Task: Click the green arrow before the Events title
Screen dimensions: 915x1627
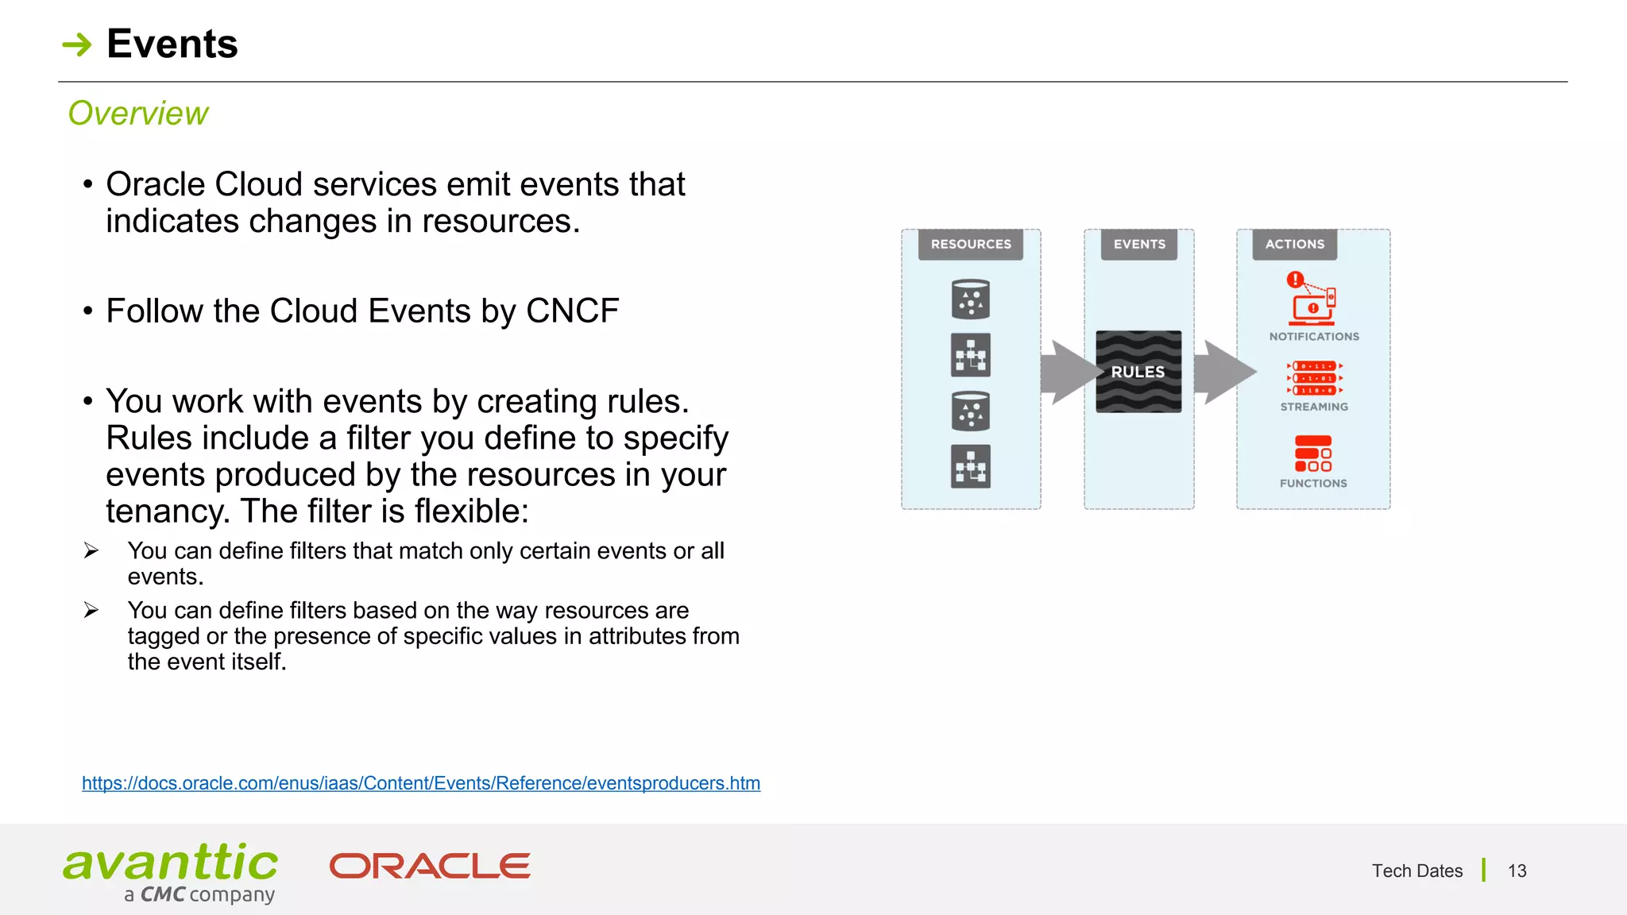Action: (x=77, y=44)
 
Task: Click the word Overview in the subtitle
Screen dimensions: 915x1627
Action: (x=138, y=114)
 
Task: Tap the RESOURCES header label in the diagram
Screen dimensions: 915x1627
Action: (x=971, y=245)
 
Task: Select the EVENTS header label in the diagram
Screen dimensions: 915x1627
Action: (x=1139, y=245)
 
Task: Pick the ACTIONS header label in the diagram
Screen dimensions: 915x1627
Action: (x=1295, y=245)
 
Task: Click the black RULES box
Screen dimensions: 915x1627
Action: (x=1138, y=372)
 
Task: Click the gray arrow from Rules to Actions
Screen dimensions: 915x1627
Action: (x=1222, y=372)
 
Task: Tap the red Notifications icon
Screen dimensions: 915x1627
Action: (x=1312, y=299)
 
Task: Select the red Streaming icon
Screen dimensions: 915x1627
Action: (x=1314, y=378)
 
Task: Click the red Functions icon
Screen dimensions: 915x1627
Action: (x=1313, y=454)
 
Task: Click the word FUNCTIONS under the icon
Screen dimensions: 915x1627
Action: (x=1313, y=483)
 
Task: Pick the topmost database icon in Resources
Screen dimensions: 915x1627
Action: (x=971, y=299)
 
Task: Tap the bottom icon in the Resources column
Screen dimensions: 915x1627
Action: (x=971, y=466)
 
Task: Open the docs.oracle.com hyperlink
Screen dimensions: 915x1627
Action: (x=421, y=783)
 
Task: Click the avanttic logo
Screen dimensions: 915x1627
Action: (x=171, y=871)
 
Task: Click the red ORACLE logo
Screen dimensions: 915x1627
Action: (x=430, y=867)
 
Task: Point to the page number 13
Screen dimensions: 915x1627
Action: (x=1517, y=871)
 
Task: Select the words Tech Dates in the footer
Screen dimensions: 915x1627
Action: (x=1416, y=871)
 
